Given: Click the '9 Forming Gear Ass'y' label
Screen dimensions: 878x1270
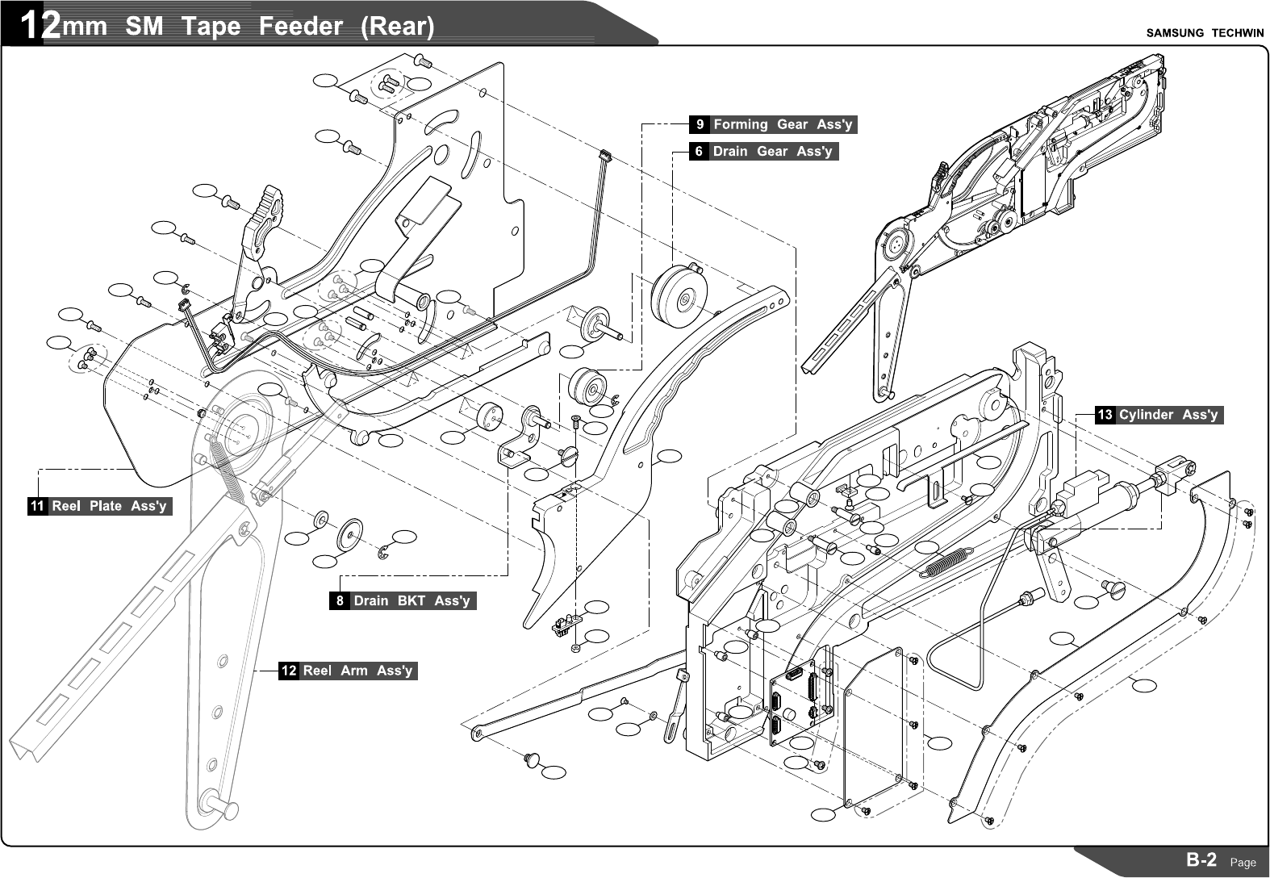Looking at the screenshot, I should tap(773, 124).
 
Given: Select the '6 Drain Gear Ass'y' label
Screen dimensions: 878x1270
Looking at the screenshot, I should tap(763, 152).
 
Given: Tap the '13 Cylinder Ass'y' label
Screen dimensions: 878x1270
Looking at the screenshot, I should tap(1159, 415).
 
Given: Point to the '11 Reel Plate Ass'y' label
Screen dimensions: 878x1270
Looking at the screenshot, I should tap(100, 506).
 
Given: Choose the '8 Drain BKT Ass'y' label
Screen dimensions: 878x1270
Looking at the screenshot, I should tap(403, 601).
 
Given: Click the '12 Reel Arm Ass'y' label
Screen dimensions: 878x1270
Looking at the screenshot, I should tap(348, 671).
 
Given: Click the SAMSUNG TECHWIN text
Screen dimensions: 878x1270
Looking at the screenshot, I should tap(1203, 33).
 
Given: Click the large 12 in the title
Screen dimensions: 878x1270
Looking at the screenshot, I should tap(40, 27).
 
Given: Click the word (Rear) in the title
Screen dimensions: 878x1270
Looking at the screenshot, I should tap(397, 27).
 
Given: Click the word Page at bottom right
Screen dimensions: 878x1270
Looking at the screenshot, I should tap(1243, 862).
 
